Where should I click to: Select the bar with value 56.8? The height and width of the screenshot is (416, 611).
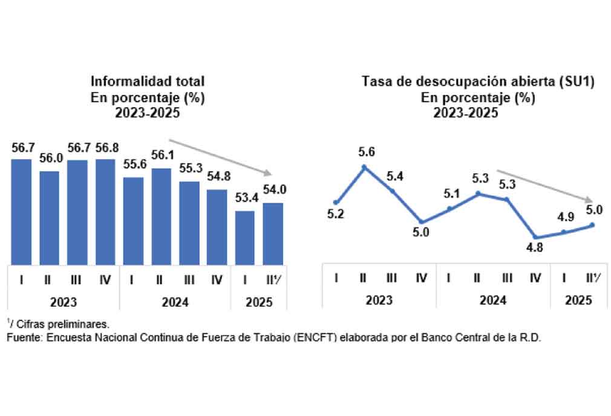coord(105,212)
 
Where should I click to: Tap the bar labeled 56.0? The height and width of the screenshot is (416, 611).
coord(50,218)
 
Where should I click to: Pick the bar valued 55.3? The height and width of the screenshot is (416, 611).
coord(189,223)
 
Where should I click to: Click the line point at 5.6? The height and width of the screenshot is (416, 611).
coord(364,167)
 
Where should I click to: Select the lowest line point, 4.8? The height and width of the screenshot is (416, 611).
coord(535,238)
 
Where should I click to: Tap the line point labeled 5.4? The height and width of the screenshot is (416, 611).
coord(393,191)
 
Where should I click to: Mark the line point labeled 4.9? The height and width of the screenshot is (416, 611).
coord(564,232)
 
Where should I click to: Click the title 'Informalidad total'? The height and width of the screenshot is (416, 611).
coord(148,80)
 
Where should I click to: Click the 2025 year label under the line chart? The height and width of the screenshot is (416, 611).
coord(578,300)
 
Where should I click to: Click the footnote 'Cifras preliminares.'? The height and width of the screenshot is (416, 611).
coord(60,324)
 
